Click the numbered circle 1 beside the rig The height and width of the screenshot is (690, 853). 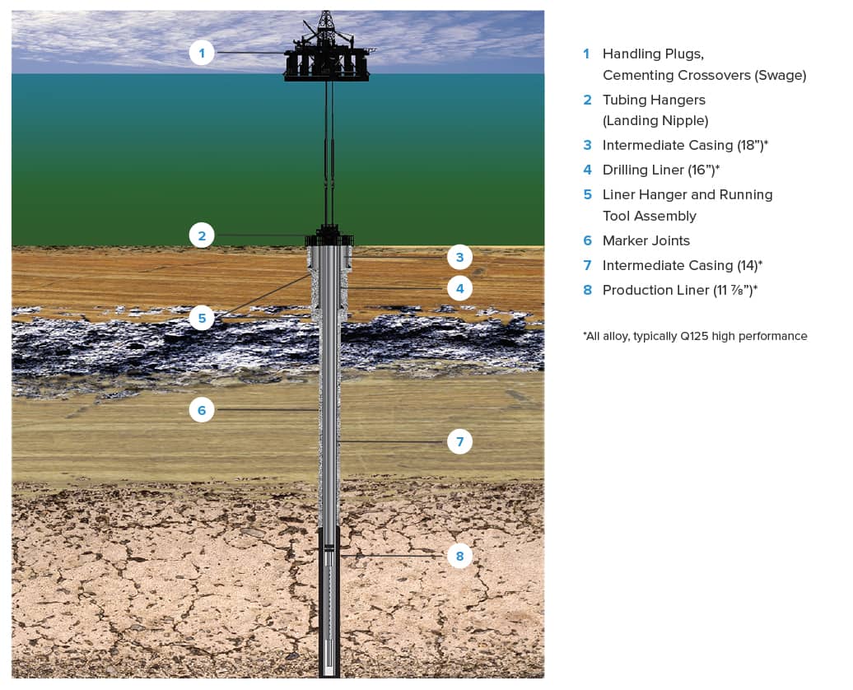click(202, 54)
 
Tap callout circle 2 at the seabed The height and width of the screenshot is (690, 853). click(202, 235)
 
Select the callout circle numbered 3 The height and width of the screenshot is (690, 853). click(460, 258)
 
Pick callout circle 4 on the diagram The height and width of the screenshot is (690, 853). click(460, 289)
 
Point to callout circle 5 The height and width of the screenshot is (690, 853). click(202, 317)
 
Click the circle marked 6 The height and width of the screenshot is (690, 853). click(202, 409)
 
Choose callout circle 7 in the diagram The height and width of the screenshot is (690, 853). click(460, 442)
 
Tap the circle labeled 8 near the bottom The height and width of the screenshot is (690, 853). click(460, 557)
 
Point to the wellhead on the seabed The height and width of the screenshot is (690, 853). click(329, 237)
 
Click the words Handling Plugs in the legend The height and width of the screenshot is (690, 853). click(653, 54)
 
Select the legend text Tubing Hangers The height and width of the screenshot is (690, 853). click(654, 100)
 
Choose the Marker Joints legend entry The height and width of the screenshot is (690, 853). click(646, 241)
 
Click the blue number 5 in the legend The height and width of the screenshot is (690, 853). click(587, 195)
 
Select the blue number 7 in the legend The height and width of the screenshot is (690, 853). click(587, 266)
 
